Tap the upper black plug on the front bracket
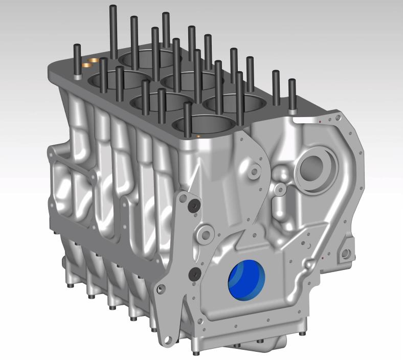194,206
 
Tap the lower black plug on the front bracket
194,274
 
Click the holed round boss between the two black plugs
206,235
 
